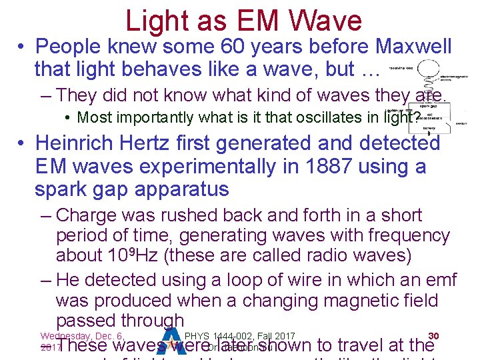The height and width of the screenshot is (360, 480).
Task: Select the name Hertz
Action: (x=161, y=143)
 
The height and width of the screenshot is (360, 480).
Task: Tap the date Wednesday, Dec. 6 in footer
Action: (x=79, y=335)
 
